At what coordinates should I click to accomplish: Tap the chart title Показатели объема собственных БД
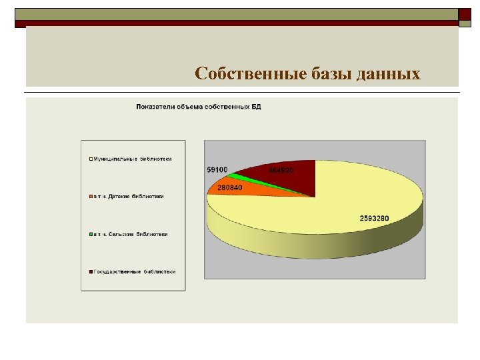198,107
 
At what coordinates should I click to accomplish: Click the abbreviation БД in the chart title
257,107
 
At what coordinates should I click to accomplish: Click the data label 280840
229,187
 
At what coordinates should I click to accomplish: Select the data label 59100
217,170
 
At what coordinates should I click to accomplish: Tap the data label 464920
281,170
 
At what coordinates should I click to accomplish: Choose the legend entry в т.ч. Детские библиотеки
128,197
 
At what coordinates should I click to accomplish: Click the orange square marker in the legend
90,197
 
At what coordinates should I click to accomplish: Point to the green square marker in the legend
90,235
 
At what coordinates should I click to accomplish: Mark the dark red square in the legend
90,272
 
